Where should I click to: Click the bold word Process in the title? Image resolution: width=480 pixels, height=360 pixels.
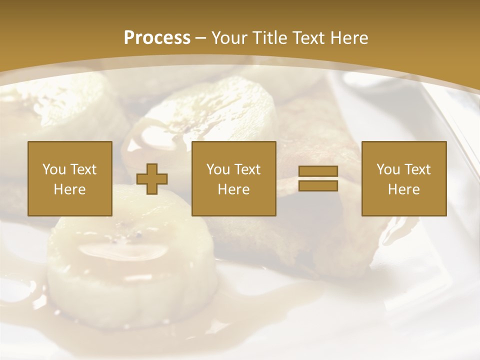point(157,38)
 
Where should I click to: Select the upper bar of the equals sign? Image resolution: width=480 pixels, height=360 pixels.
point(318,171)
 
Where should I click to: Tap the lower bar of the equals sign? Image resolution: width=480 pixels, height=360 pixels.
point(318,185)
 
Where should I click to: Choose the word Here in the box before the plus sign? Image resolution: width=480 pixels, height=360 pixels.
point(69,189)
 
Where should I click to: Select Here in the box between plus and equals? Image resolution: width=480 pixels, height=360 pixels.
point(233,189)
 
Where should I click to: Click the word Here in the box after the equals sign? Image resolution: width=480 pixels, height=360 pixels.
point(403,189)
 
